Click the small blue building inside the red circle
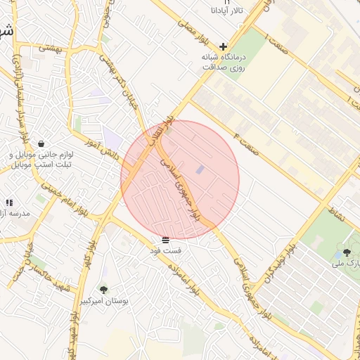pos(200,169)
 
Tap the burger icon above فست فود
pos(165,240)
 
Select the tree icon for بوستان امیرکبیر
pos(104,290)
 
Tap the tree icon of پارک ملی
pos(347,252)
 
